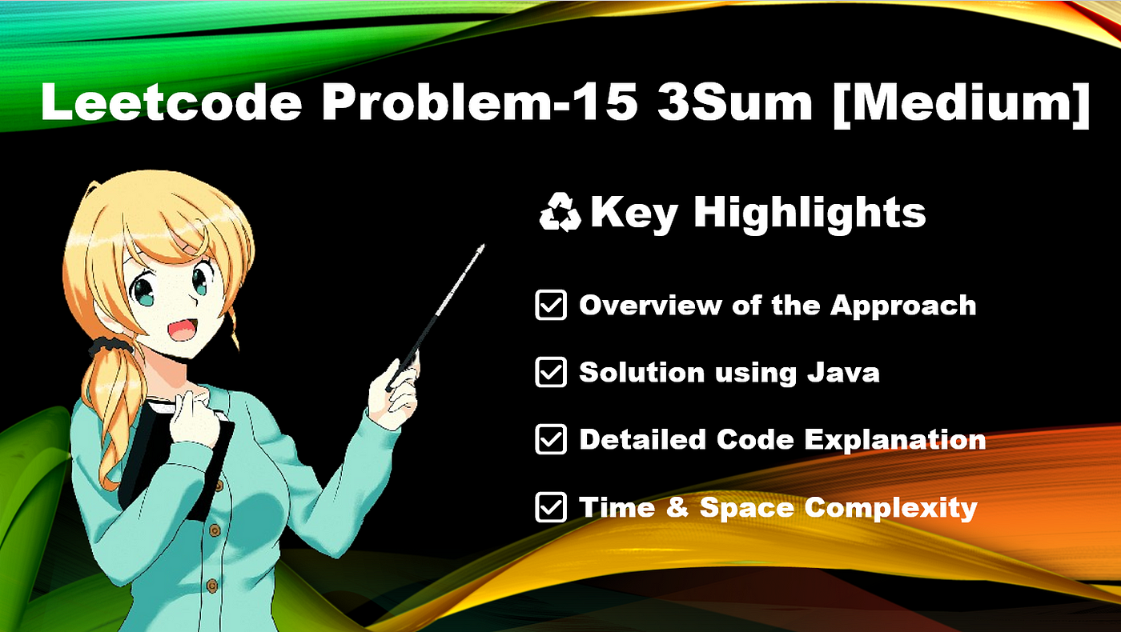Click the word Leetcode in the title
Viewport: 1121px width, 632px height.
(x=171, y=102)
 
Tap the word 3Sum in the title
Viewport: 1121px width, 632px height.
(x=735, y=102)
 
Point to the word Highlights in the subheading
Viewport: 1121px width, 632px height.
(x=810, y=214)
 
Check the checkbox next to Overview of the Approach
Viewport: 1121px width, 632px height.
(x=551, y=305)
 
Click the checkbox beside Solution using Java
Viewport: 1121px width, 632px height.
(x=551, y=372)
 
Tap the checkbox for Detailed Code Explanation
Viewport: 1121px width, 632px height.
(x=551, y=439)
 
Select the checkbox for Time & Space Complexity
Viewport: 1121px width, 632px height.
(x=551, y=507)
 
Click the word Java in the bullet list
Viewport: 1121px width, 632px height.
(x=843, y=373)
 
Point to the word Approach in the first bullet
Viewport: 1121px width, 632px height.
(x=903, y=306)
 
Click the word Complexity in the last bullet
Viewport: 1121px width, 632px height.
(x=890, y=509)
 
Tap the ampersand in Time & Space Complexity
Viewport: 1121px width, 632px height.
(x=677, y=507)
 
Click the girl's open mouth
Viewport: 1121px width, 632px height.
(x=183, y=330)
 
